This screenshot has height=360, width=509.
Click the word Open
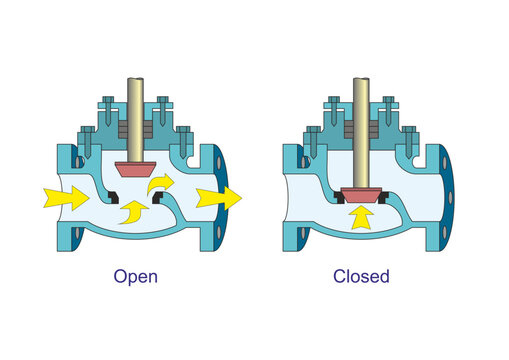click(134, 275)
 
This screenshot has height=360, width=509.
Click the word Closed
click(362, 275)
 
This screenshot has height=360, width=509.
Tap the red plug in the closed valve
click(360, 192)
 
